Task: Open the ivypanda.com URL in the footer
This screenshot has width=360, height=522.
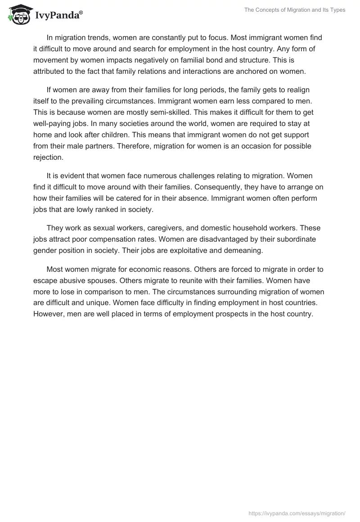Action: (x=297, y=513)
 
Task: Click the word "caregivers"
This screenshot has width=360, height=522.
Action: (x=149, y=229)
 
